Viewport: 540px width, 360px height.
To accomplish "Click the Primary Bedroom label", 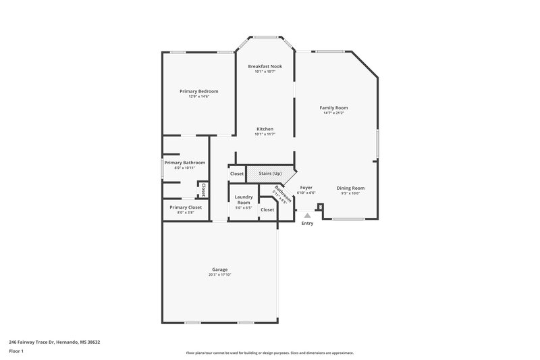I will [198, 91].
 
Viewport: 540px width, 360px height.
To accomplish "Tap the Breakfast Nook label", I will [265, 66].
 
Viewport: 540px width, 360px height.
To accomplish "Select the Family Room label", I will [334, 107].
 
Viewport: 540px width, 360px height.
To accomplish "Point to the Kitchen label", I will [265, 129].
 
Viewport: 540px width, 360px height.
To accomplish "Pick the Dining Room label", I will [350, 188].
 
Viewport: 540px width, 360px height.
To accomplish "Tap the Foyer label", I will [306, 188].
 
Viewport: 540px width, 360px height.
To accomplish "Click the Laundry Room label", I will [243, 200].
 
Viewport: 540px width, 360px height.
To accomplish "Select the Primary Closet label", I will [186, 207].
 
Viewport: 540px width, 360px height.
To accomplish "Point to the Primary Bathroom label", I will [185, 163].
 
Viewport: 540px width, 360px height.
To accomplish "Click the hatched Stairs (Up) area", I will [269, 174].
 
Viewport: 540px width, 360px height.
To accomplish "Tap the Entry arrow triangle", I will [307, 215].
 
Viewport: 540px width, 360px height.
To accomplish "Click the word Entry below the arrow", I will [307, 223].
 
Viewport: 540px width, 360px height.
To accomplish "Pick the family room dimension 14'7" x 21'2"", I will [334, 113].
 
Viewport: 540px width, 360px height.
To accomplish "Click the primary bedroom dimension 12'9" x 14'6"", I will [198, 97].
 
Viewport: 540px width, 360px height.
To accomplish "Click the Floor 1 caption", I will [16, 352].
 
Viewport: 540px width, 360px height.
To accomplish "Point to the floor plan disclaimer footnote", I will [269, 353].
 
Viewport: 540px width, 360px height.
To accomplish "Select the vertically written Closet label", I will [202, 190].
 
